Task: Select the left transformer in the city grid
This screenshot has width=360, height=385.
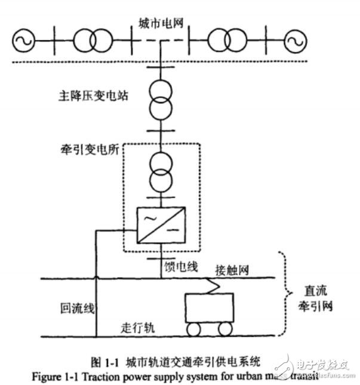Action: (x=92, y=41)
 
